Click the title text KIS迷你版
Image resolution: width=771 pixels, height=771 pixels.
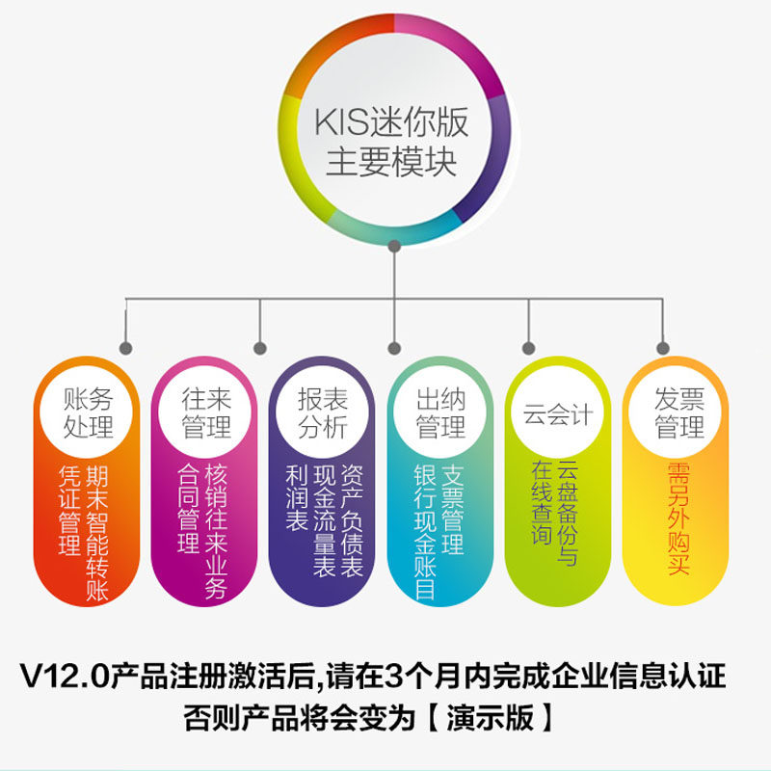390,122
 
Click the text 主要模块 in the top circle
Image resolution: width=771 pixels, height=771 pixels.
390,160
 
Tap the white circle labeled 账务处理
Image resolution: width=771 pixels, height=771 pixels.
88,412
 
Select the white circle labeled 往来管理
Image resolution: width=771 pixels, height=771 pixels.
206,412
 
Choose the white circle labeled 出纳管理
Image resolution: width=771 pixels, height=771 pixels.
440,412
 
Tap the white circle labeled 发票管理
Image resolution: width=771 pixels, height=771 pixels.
678,412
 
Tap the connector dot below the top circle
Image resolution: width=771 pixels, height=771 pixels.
392,248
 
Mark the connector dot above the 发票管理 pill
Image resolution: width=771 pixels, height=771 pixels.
662,347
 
